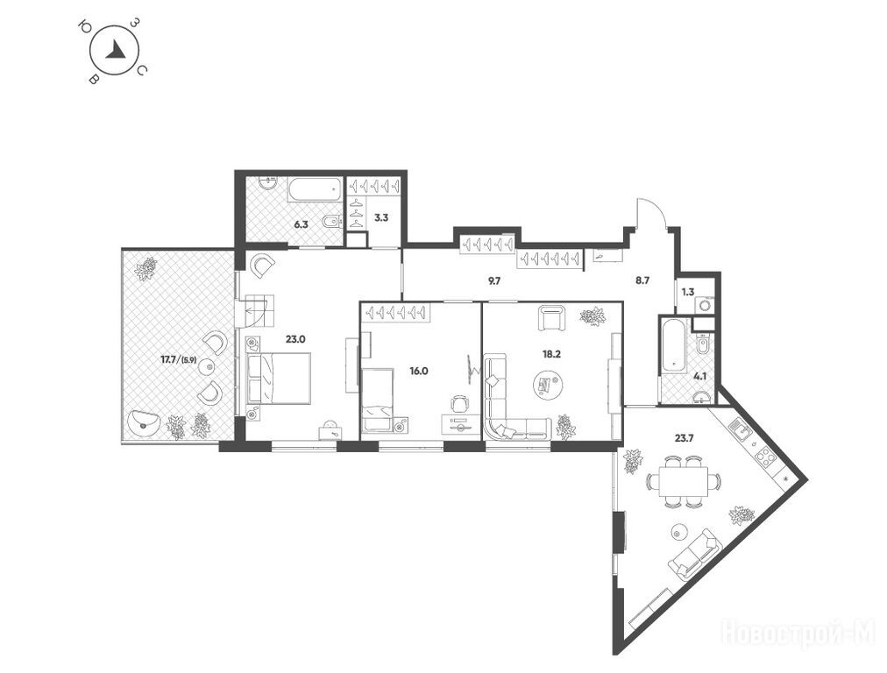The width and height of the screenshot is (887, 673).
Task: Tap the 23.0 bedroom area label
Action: [295, 339]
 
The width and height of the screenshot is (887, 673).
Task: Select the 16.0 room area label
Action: [419, 371]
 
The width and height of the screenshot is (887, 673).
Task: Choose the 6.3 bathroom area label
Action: [301, 224]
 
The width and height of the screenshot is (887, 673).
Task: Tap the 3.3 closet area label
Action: [382, 216]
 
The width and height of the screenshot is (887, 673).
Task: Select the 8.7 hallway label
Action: [642, 280]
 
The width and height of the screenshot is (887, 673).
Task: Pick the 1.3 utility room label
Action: [687, 293]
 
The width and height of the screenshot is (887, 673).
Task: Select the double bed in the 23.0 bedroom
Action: [279, 378]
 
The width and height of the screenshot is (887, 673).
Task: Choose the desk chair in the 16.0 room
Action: [460, 404]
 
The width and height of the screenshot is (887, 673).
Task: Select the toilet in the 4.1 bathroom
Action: [703, 344]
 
